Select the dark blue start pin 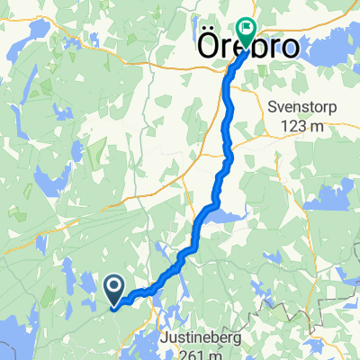click(x=115, y=289)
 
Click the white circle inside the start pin click(x=115, y=287)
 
